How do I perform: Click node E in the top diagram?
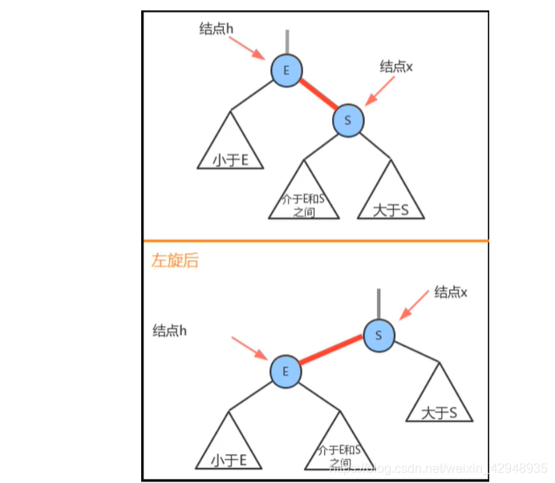pyautogui.click(x=287, y=70)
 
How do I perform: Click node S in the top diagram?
pyautogui.click(x=348, y=120)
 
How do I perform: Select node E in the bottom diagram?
pyautogui.click(x=285, y=371)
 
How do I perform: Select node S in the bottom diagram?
pyautogui.click(x=379, y=334)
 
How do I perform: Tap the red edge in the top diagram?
pyautogui.click(x=318, y=95)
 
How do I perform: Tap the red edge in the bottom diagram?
pyautogui.click(x=331, y=352)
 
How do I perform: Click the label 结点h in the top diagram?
pyautogui.click(x=217, y=28)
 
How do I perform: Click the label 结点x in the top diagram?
pyautogui.click(x=396, y=67)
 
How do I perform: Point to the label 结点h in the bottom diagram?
pyautogui.click(x=170, y=330)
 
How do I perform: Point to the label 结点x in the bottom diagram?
pyautogui.click(x=450, y=292)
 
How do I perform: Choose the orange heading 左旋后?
pyautogui.click(x=175, y=260)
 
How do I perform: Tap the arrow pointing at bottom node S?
pyautogui.click(x=415, y=305)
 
